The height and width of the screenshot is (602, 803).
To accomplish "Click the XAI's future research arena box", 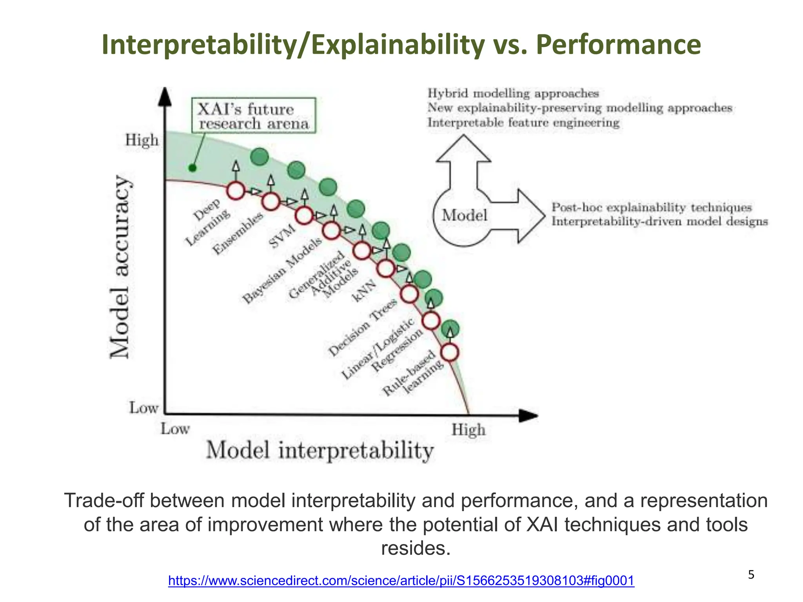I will click(x=254, y=116).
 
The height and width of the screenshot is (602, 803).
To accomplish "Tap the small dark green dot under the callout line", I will click(x=192, y=168).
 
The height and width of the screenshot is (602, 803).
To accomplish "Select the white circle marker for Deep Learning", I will click(x=236, y=191).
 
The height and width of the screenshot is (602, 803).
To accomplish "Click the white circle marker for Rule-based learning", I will click(x=450, y=352).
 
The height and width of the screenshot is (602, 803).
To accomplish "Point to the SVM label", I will click(x=282, y=236).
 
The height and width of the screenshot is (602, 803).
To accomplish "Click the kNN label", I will click(x=363, y=291).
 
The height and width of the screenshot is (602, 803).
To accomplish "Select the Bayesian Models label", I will click(x=282, y=270).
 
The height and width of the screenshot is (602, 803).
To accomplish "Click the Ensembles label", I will click(x=238, y=234).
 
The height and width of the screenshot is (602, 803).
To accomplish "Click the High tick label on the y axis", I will click(x=142, y=140).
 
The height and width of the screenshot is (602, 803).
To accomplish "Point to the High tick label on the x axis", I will click(x=468, y=430).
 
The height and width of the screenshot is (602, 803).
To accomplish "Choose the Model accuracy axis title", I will click(x=120, y=267).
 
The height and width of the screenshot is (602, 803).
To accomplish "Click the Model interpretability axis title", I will click(x=320, y=451).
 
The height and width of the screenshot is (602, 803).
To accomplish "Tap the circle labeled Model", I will click(x=464, y=216).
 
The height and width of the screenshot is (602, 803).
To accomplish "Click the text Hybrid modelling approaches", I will click(x=513, y=93).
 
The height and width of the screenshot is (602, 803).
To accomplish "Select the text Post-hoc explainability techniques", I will click(x=651, y=207).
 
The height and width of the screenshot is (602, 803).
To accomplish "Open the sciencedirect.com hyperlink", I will click(x=401, y=580).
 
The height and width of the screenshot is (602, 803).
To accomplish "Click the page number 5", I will click(x=751, y=575).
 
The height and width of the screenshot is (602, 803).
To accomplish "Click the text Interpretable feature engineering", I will click(x=523, y=123).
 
